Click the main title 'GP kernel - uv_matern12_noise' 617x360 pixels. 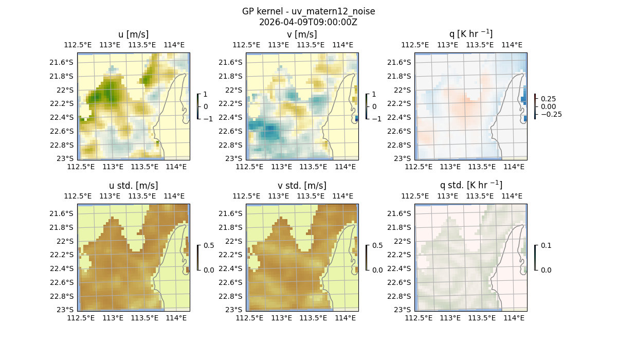click(x=308, y=11)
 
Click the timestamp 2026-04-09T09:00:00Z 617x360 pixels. click(x=308, y=22)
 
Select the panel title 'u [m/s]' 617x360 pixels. click(x=133, y=34)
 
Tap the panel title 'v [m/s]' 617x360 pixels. click(x=302, y=34)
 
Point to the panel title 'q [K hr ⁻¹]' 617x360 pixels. click(x=470, y=34)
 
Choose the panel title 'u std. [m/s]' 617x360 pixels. click(x=133, y=186)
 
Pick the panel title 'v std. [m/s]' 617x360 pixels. click(x=302, y=186)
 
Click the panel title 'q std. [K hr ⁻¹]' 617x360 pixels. click(x=470, y=185)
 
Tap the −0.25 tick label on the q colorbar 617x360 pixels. click(x=551, y=114)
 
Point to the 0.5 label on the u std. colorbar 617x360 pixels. click(x=209, y=245)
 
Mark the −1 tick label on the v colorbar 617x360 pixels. click(x=376, y=119)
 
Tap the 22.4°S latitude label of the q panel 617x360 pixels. click(x=402, y=117)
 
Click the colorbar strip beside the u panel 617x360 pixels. click(x=198, y=106)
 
